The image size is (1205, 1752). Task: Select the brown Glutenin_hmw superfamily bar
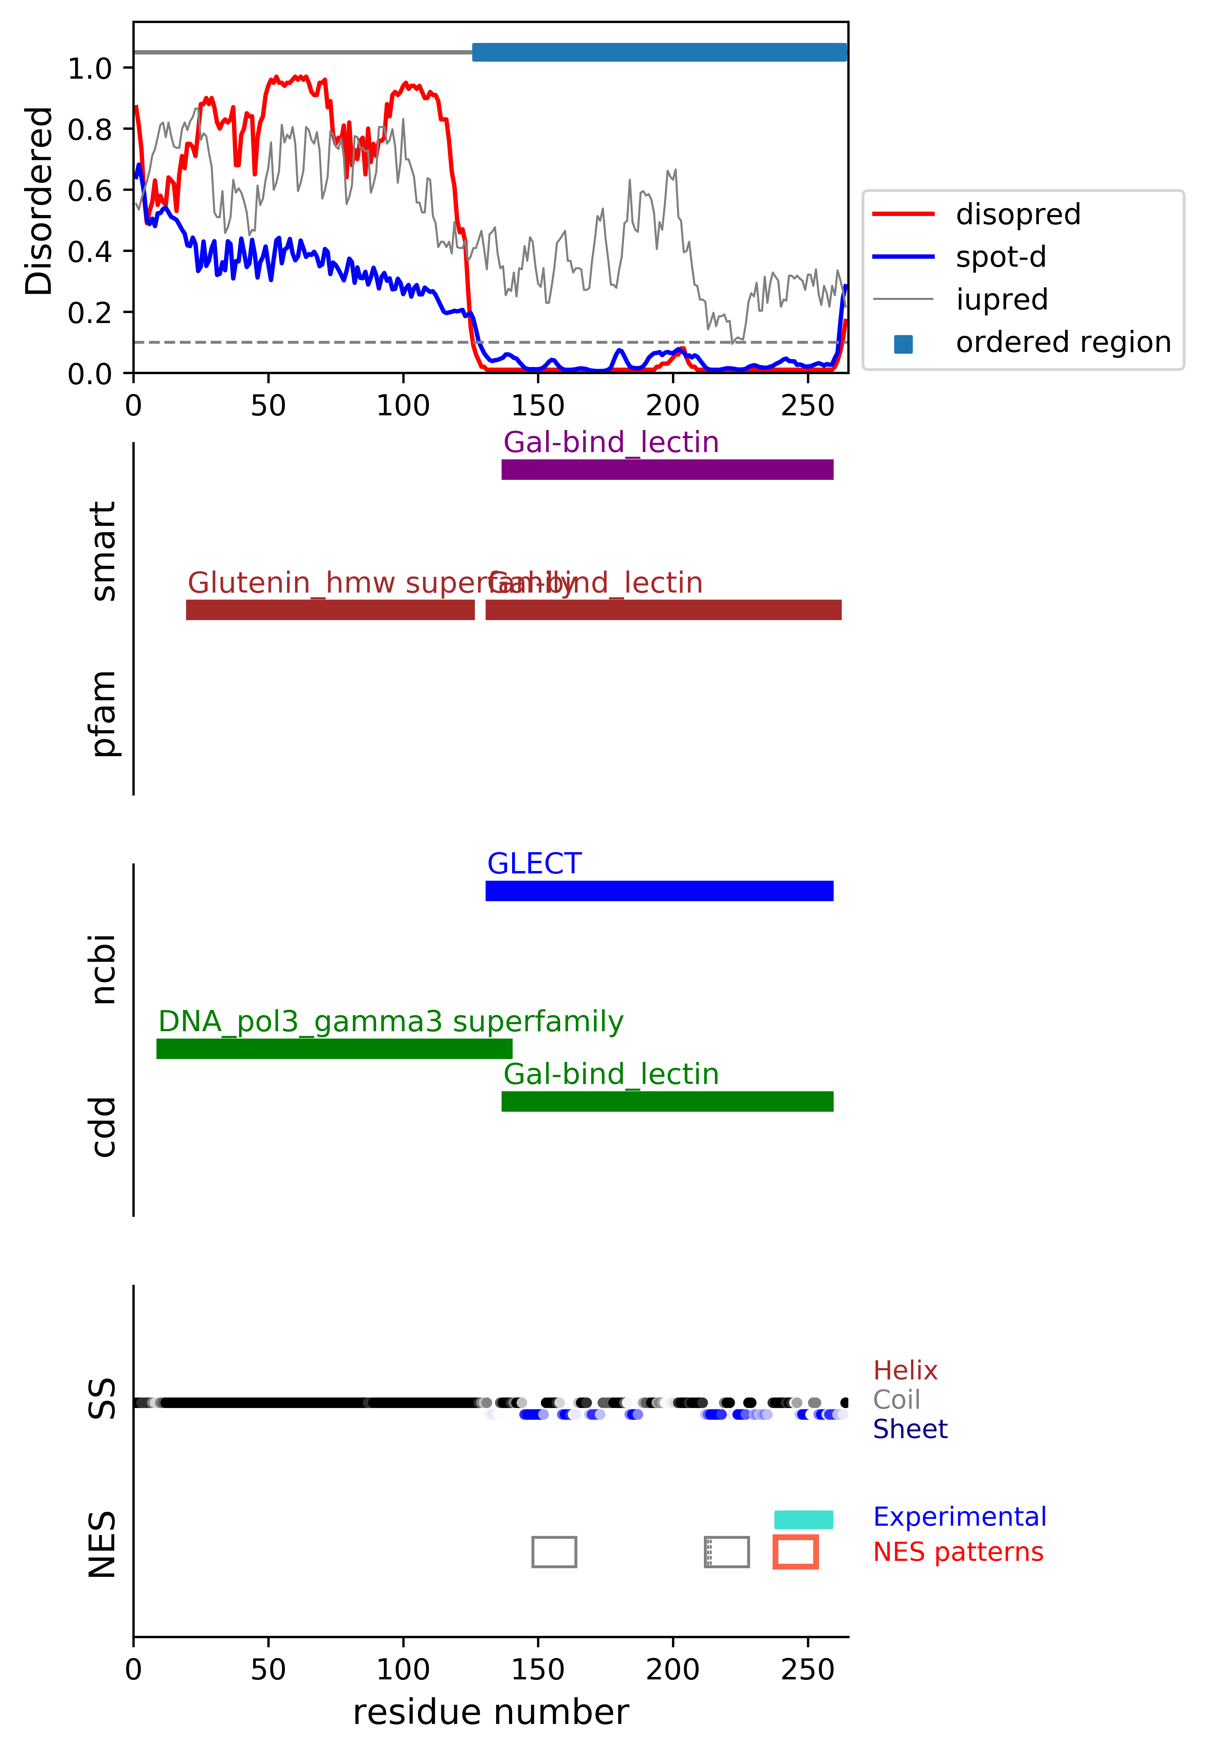(x=330, y=610)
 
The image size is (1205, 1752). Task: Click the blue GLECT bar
(x=659, y=891)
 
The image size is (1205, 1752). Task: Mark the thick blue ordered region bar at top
(x=659, y=52)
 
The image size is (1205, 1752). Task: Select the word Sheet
(x=910, y=1429)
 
